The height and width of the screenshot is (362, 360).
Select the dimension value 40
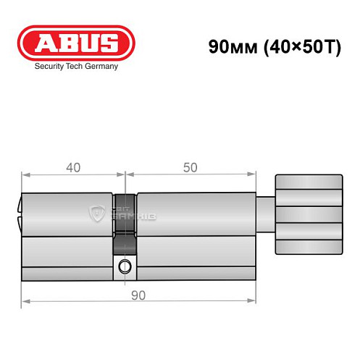(72, 168)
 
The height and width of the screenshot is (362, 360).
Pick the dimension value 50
(190, 168)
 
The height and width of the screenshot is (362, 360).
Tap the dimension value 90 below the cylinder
(138, 295)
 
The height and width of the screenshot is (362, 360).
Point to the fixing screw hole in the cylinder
(125, 266)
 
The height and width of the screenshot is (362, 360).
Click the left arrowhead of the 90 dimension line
(25, 300)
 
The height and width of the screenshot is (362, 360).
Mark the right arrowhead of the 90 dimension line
(254, 300)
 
